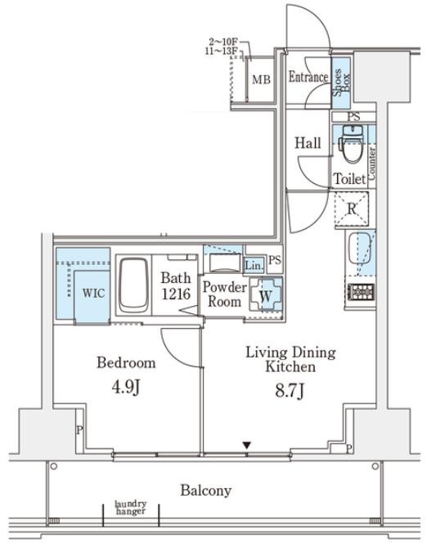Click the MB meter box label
pos(261,80)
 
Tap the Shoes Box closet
pos(341,83)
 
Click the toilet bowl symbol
pos(353,145)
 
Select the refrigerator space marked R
pos(351,209)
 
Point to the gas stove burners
pos(362,292)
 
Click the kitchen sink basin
pos(359,249)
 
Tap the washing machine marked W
pos(266,294)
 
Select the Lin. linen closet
pos(254,266)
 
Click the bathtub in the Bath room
pos(133,285)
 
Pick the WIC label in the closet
pos(93,293)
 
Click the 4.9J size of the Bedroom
pos(126,388)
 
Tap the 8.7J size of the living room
pos(290,391)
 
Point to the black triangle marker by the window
pos(247,446)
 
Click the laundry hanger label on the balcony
pos(131,508)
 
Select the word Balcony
pos(206,491)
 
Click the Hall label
pos(308,143)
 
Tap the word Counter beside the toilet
pos(371,164)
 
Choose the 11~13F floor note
pos(221,52)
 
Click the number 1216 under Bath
pos(176,294)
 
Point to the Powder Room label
pos(224,294)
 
